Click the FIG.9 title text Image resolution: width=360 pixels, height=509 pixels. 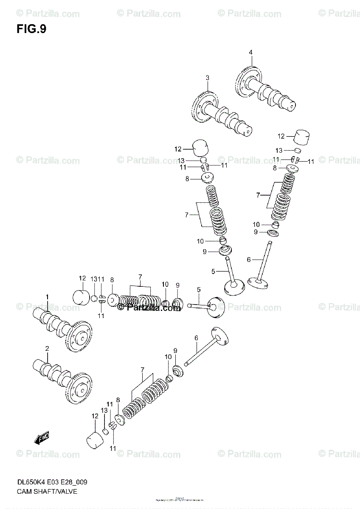pyautogui.click(x=31, y=30)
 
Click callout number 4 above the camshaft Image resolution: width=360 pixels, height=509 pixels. pyautogui.click(x=250, y=52)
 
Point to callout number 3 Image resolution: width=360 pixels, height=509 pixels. pyautogui.click(x=208, y=78)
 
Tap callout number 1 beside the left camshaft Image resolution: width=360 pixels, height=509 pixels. pyautogui.click(x=48, y=296)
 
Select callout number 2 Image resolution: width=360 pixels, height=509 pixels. pyautogui.click(x=47, y=349)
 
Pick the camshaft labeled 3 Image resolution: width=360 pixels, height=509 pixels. pyautogui.click(x=223, y=115)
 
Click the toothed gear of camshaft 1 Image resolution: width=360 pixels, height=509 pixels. pyautogui.click(x=80, y=337)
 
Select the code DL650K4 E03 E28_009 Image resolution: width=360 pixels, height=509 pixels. pyautogui.click(x=53, y=482)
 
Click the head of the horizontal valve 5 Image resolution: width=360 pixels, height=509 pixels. pyautogui.click(x=215, y=308)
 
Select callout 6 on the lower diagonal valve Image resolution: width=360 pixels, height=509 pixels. pyautogui.click(x=197, y=338)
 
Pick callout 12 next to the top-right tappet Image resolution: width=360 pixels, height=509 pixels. pyautogui.click(x=281, y=136)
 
